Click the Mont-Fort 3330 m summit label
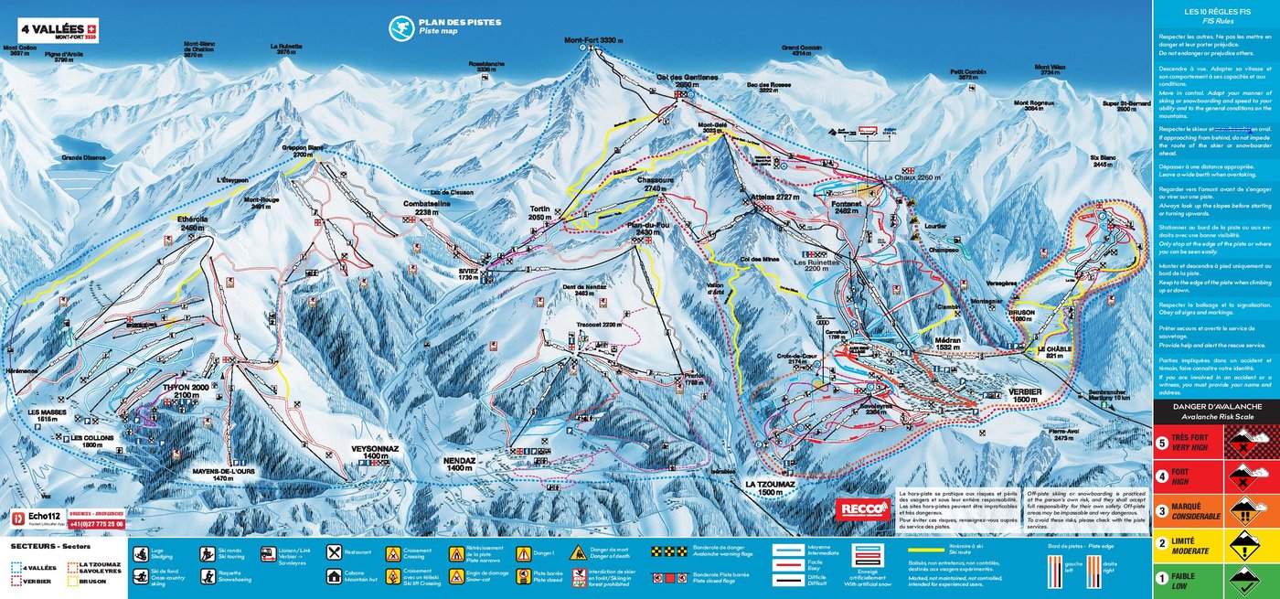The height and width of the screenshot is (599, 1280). [592, 40]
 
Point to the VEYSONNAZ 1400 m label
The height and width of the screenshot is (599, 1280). [376, 451]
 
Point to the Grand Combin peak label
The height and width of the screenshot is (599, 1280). [802, 49]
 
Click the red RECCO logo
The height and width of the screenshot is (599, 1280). [861, 508]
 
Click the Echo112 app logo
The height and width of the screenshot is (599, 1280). [37, 518]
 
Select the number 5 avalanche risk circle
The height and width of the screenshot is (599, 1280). [1162, 443]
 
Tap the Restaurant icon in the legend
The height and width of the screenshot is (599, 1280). [335, 552]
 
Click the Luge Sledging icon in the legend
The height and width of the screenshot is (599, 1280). [141, 553]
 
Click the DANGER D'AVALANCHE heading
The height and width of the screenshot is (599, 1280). [1215, 406]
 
